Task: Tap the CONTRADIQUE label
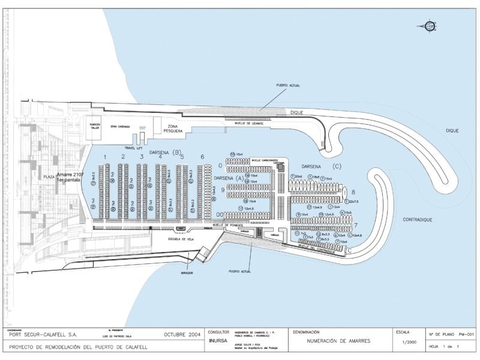[x=417, y=220]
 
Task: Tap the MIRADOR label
[x=187, y=272]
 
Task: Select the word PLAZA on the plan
[x=49, y=178]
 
